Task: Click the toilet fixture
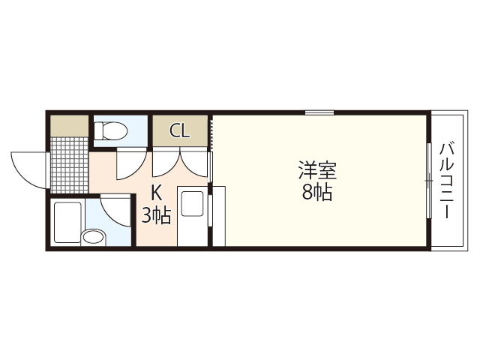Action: pyautogui.click(x=111, y=132)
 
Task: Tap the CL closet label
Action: pyautogui.click(x=179, y=131)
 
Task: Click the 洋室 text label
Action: pyautogui.click(x=318, y=170)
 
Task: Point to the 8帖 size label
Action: pyautogui.click(x=317, y=192)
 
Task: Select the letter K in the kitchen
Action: pyautogui.click(x=157, y=192)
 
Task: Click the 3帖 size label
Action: pyautogui.click(x=157, y=217)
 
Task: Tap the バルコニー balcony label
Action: pyautogui.click(x=447, y=180)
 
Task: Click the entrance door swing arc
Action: pyautogui.click(x=28, y=169)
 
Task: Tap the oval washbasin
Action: pyautogui.click(x=94, y=238)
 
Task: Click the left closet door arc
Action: pyautogui.click(x=165, y=163)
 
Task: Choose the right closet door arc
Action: pyautogui.click(x=193, y=163)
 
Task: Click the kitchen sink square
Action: pyautogui.click(x=193, y=205)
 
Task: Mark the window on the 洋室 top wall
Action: pyautogui.click(x=319, y=113)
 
